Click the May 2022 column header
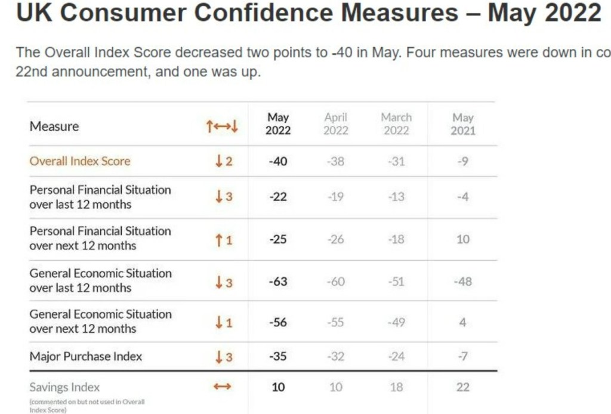278,124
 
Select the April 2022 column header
335,124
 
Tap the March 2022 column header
396,124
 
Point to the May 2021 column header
462,124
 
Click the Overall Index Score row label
80,161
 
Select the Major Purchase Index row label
86,357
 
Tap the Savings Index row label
64,387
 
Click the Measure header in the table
54,126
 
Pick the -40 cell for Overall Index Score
277,161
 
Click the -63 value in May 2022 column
278,281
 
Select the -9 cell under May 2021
462,161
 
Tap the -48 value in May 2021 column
462,281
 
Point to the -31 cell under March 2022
396,161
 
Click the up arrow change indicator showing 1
224,240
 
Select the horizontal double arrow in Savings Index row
222,387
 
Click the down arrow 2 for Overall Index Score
224,161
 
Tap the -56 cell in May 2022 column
278,322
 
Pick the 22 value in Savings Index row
463,387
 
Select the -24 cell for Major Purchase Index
396,357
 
